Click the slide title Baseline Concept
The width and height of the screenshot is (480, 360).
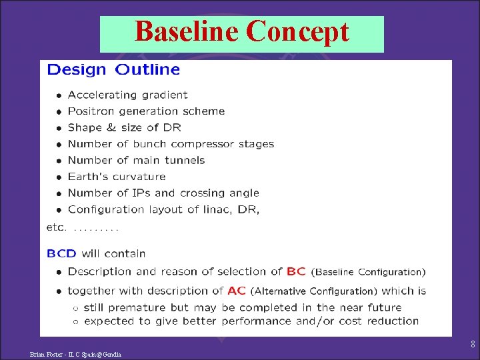(241, 31)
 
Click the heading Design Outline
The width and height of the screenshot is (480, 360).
(113, 69)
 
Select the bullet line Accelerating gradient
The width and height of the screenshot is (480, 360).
(127, 95)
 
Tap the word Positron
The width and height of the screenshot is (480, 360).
(90, 111)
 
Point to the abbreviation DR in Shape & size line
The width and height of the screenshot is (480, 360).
(172, 127)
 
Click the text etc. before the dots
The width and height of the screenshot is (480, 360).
(56, 227)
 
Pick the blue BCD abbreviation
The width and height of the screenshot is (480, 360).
(61, 253)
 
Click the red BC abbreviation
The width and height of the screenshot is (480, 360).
(296, 271)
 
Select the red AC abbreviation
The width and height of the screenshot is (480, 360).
(237, 291)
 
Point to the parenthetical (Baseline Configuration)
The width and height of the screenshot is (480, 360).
(369, 272)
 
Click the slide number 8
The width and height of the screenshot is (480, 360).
(473, 345)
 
